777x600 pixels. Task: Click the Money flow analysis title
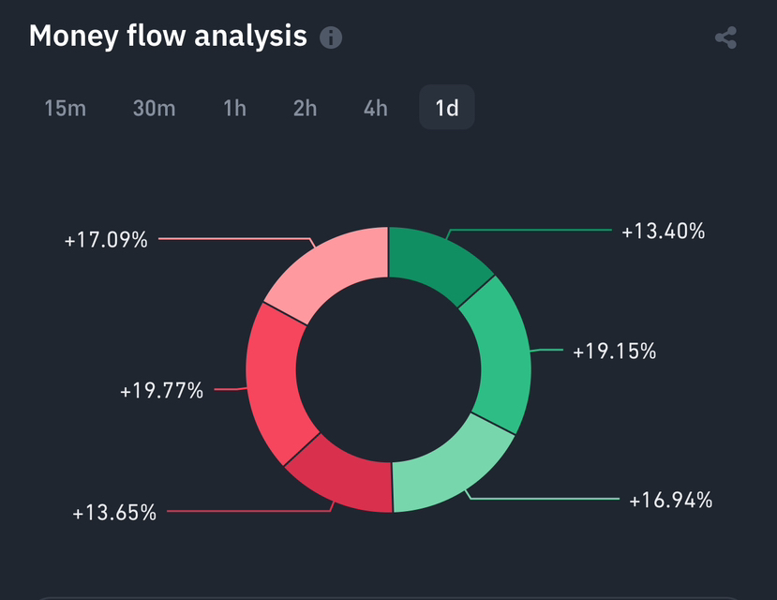click(x=168, y=37)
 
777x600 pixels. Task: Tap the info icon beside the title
click(x=331, y=37)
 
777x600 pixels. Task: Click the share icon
click(x=725, y=38)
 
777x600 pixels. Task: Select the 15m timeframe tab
click(x=66, y=108)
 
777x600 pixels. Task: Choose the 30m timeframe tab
click(x=154, y=108)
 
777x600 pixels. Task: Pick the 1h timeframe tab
click(x=235, y=108)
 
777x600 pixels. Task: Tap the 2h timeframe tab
click(x=305, y=108)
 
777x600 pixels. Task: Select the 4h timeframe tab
click(x=376, y=108)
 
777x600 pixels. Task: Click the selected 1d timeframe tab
click(x=447, y=108)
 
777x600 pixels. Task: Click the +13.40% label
click(x=663, y=231)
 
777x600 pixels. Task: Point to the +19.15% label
click(x=614, y=352)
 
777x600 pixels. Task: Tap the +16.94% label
click(x=670, y=501)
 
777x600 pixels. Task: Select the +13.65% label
click(x=114, y=513)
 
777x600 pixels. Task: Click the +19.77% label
click(x=161, y=390)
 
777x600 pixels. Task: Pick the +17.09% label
click(x=106, y=240)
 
